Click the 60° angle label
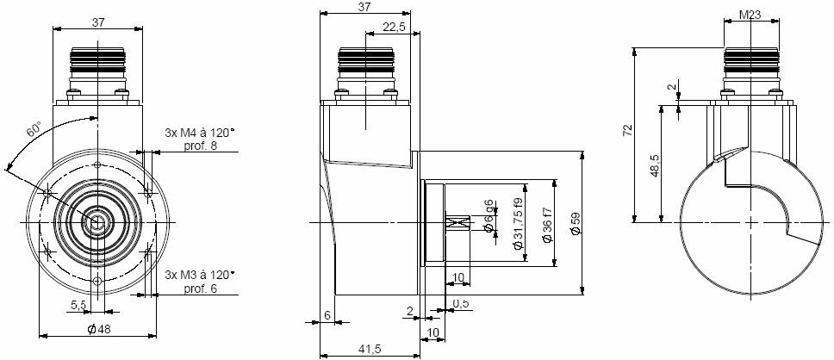(x=34, y=130)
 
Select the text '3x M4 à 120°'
(x=200, y=133)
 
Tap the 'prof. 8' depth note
(x=201, y=146)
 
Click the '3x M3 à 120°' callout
(x=200, y=276)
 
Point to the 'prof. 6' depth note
(x=201, y=289)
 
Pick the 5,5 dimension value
(x=78, y=304)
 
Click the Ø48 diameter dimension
(x=98, y=329)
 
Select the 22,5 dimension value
(x=394, y=27)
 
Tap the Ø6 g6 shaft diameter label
(x=490, y=217)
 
